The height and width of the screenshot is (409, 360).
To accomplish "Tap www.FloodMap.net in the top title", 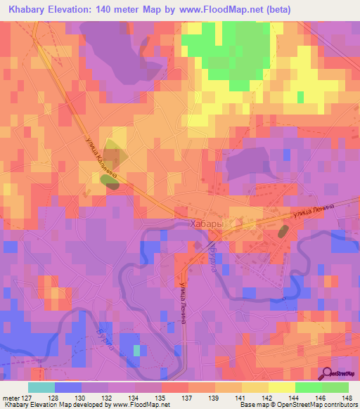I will (x=226, y=10).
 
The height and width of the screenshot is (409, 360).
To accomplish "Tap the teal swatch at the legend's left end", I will (x=41, y=387).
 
